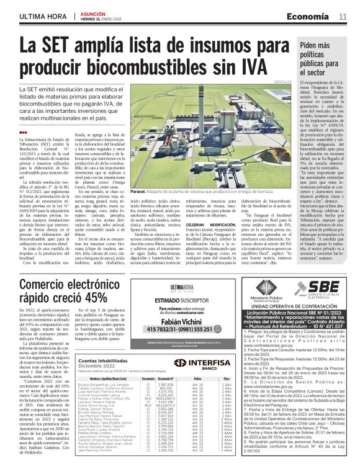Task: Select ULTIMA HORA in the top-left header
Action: click(43, 16)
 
